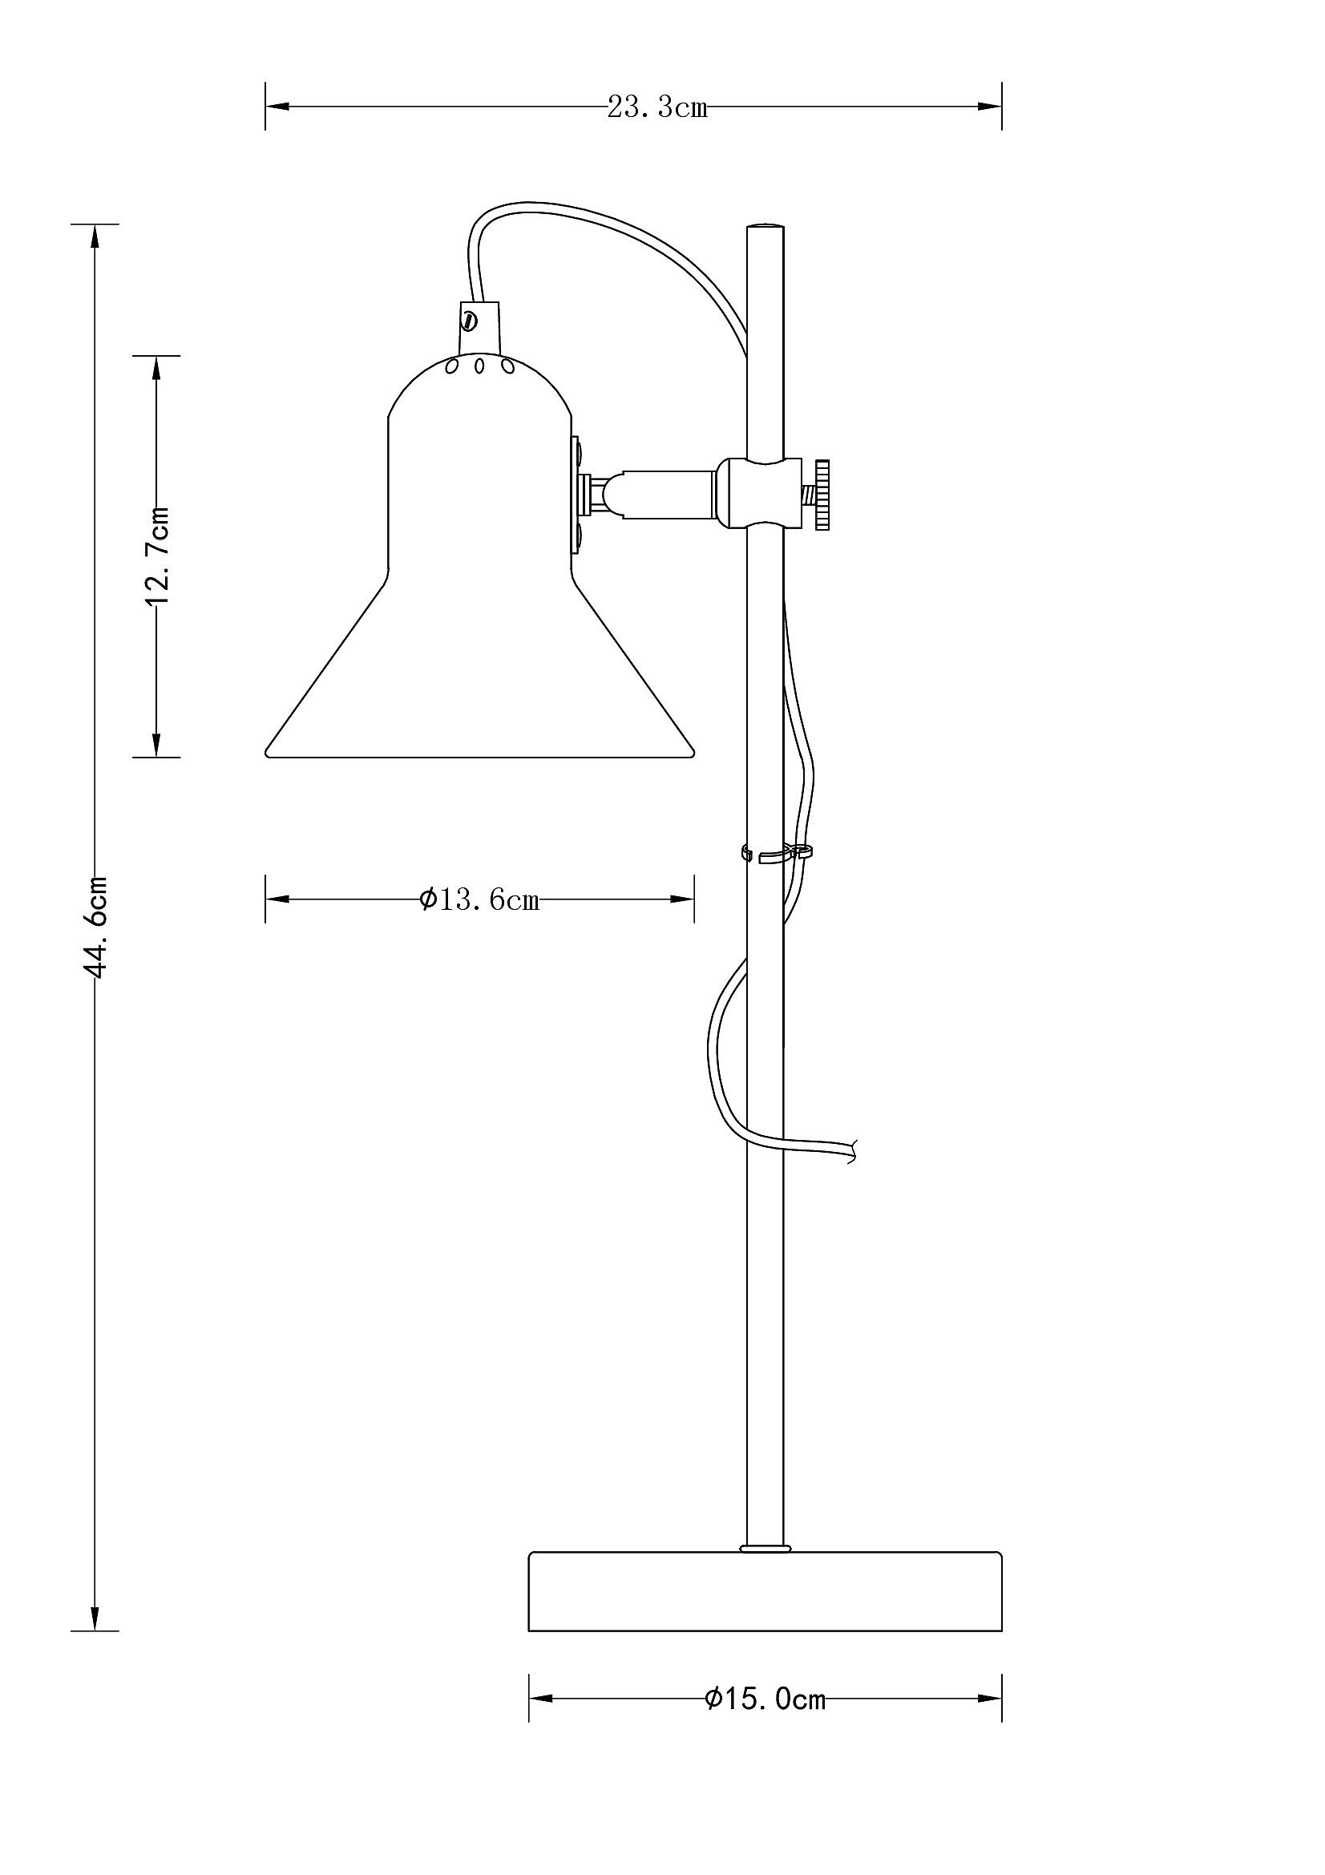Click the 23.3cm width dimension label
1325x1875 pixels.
[x=657, y=107]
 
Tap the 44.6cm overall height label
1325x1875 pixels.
[x=96, y=927]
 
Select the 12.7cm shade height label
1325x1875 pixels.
[x=157, y=556]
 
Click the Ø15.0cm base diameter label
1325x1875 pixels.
[x=765, y=1699]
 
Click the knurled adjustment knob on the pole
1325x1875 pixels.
[x=822, y=494]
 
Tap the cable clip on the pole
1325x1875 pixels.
[x=777, y=855]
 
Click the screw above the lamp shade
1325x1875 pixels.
[x=470, y=318]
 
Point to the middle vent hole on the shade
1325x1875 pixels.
[x=480, y=366]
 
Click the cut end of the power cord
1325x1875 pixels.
[x=853, y=1150]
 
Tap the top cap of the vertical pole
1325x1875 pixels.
[x=765, y=226]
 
